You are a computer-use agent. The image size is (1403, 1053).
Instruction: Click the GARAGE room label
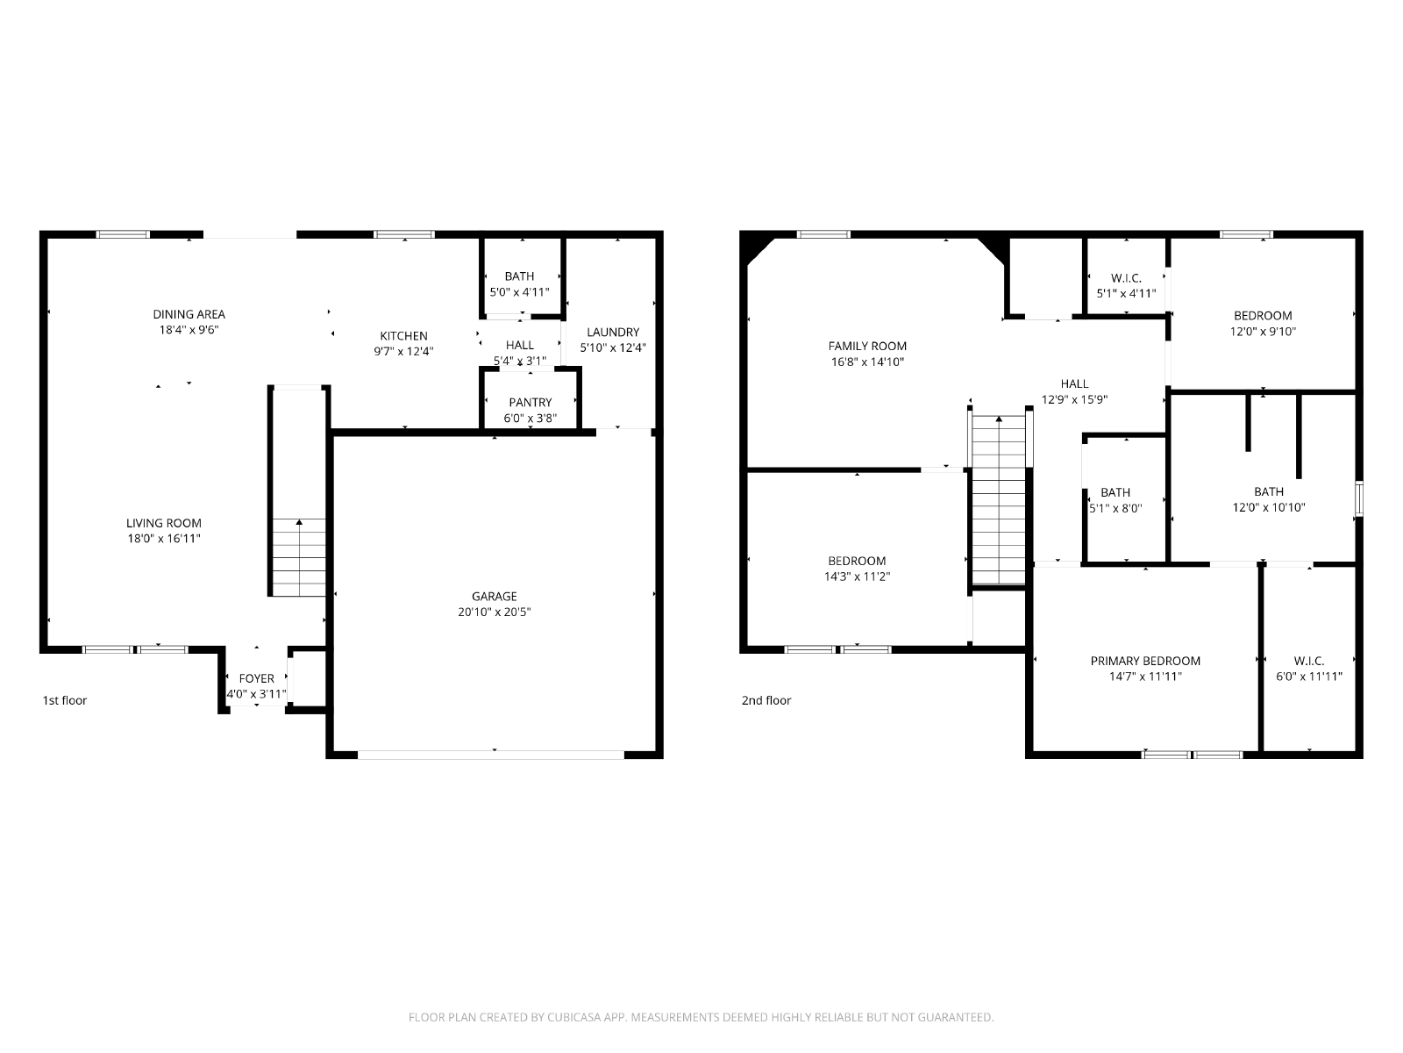click(x=494, y=596)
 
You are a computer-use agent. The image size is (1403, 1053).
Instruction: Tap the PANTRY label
click(x=530, y=402)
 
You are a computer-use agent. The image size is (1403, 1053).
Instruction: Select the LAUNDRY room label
click(x=613, y=332)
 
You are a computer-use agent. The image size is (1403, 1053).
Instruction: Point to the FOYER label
click(x=256, y=678)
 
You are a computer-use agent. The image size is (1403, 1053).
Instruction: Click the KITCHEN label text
click(x=403, y=336)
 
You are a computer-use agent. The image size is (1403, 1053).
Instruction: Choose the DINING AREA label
click(x=189, y=314)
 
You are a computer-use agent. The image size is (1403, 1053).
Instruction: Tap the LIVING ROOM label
click(x=164, y=523)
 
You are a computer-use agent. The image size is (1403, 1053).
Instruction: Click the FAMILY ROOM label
click(x=866, y=346)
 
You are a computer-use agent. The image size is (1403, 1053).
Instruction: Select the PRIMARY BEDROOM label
click(x=1145, y=661)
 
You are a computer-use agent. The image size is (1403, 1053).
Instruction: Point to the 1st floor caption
click(x=65, y=700)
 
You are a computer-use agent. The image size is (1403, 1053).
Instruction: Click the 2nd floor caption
click(x=766, y=700)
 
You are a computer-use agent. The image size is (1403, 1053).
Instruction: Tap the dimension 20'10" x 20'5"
click(x=494, y=612)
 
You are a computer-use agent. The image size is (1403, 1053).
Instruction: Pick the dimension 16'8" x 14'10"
click(x=866, y=362)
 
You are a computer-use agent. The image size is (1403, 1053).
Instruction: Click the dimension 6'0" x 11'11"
click(x=1308, y=677)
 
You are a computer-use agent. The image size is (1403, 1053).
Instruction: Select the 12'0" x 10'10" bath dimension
click(x=1268, y=508)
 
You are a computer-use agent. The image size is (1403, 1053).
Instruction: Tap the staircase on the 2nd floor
click(x=999, y=499)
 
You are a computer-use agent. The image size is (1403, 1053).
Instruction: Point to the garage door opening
click(x=490, y=755)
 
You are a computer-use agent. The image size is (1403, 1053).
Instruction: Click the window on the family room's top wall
click(x=823, y=234)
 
